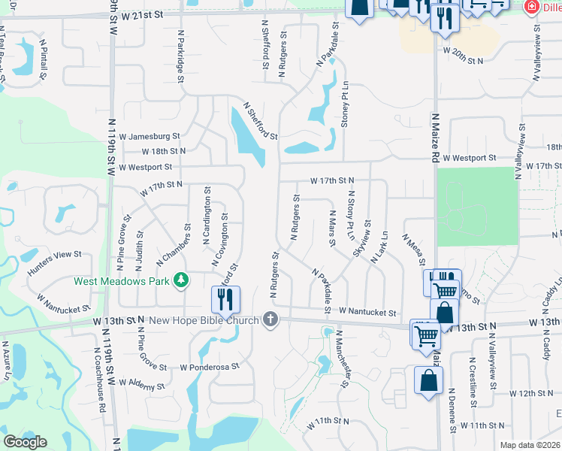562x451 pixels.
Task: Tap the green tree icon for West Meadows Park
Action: pyautogui.click(x=180, y=281)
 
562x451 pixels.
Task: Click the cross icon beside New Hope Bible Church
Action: pyautogui.click(x=270, y=321)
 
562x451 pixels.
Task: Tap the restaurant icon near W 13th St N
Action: pyautogui.click(x=225, y=300)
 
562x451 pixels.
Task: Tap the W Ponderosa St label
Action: pyautogui.click(x=209, y=367)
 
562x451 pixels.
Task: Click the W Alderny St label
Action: pyautogui.click(x=140, y=386)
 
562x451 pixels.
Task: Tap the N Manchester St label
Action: pyautogui.click(x=343, y=359)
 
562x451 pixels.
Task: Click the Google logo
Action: pyautogui.click(x=26, y=442)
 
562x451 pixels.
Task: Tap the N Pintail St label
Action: pyautogui.click(x=43, y=61)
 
